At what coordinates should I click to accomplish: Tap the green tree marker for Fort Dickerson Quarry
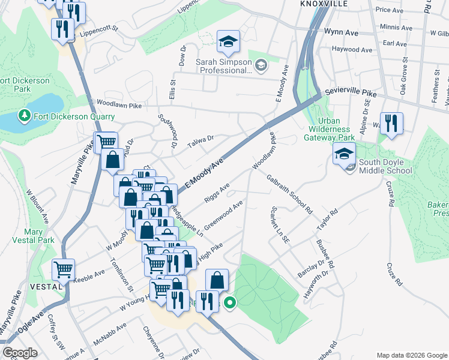[x=25, y=115]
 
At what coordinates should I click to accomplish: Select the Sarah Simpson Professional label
[x=223, y=65]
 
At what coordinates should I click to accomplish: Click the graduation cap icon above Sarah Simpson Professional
[x=228, y=41]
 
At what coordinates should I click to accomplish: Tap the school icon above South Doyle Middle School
[x=344, y=155]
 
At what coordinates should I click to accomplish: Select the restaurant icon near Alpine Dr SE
[x=391, y=124]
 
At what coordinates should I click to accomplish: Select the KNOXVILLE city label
[x=324, y=4]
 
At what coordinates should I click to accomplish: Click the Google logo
[x=20, y=353]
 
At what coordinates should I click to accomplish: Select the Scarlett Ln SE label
[x=280, y=224]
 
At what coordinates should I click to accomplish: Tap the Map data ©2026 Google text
[x=411, y=355]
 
